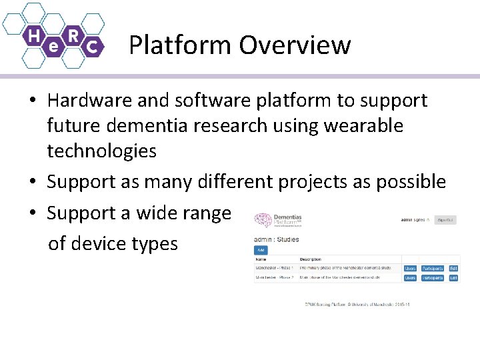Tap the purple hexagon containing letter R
point(73,35)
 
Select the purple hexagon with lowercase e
point(54,47)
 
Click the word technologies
point(101,151)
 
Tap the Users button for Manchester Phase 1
point(410,268)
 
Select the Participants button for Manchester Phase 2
point(432,277)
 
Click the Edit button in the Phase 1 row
point(453,268)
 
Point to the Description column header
point(311,259)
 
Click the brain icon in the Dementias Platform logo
point(263,221)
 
